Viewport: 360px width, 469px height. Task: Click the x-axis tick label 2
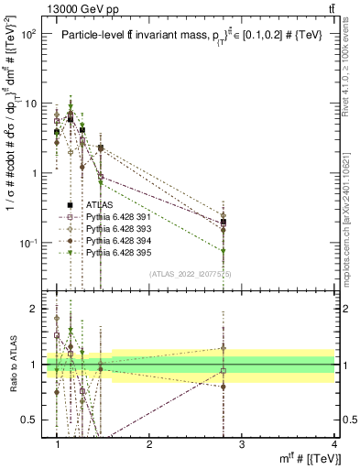pyautogui.click(x=150, y=443)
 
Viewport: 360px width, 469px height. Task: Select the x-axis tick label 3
pyautogui.click(x=242, y=443)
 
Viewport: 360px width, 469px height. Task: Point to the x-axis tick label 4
pyautogui.click(x=333, y=443)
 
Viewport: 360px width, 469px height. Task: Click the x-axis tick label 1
pyautogui.click(x=58, y=443)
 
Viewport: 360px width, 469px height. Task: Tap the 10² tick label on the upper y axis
pyautogui.click(x=27, y=34)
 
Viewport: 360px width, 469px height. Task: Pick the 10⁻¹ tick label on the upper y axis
pyautogui.click(x=27, y=243)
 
